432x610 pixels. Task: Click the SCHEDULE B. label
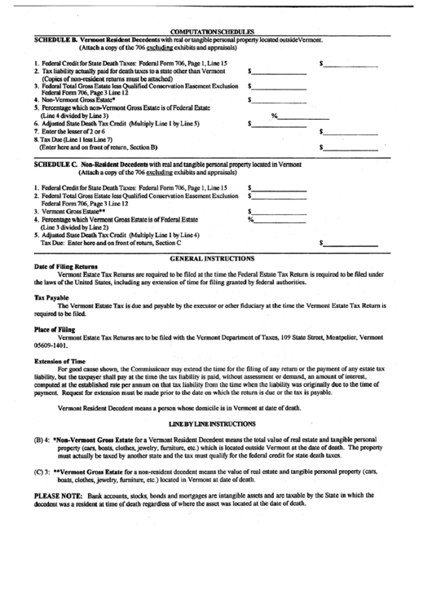(x=58, y=40)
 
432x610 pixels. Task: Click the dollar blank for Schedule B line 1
(x=351, y=63)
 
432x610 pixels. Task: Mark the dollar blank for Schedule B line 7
(x=351, y=131)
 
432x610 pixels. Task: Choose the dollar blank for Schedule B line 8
(x=351, y=147)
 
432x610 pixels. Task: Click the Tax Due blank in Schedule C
(x=351, y=242)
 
